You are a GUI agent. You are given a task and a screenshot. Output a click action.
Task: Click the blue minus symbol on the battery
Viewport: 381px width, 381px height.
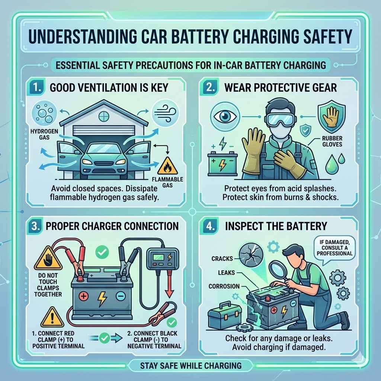click(120, 297)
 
